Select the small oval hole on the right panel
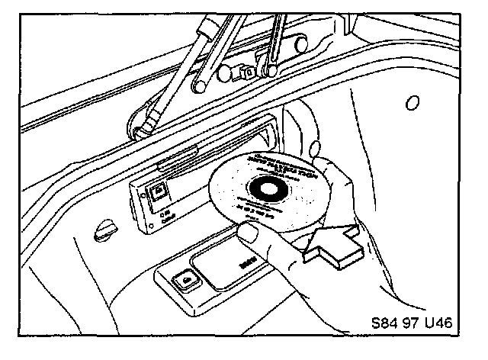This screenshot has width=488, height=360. click(413, 102)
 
